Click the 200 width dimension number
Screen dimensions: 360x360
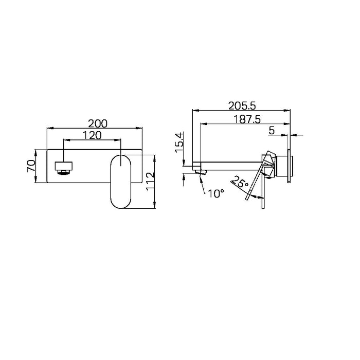97,123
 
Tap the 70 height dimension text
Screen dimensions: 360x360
31,166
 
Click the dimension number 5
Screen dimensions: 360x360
271,131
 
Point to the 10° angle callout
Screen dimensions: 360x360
217,193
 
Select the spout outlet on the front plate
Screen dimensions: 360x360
64,167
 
